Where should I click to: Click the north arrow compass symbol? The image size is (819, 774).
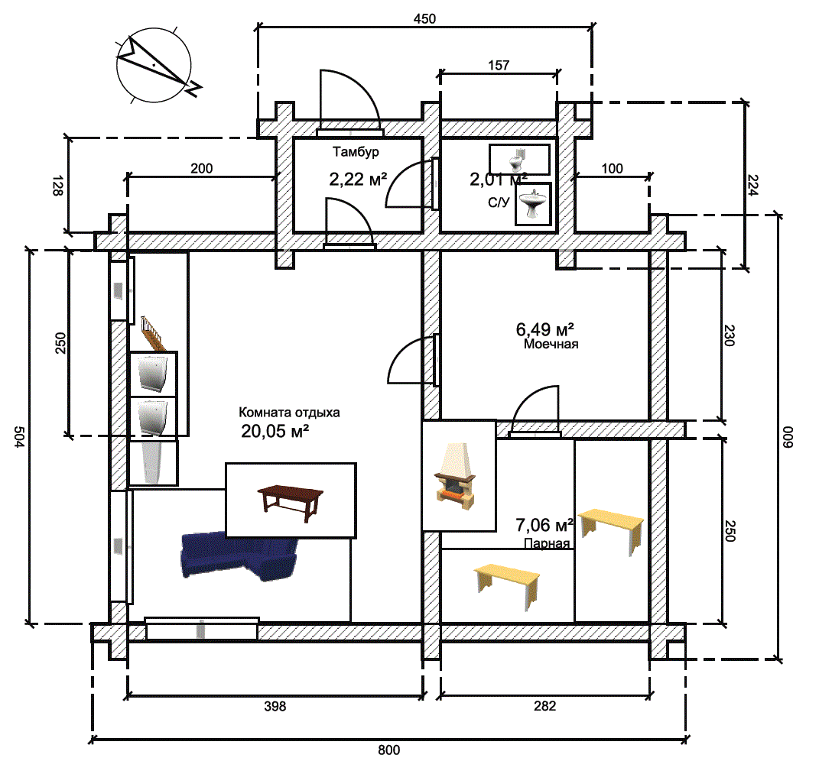tap(154, 66)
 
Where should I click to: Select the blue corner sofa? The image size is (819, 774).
tap(239, 555)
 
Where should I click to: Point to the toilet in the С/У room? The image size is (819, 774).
tap(517, 159)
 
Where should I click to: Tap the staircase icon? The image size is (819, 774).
tap(151, 331)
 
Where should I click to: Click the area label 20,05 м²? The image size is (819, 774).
tap(275, 432)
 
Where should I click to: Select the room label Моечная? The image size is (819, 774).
tap(551, 344)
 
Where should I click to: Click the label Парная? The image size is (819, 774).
tap(547, 544)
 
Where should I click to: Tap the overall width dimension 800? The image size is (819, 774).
tap(389, 750)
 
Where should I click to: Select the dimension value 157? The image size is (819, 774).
tap(499, 66)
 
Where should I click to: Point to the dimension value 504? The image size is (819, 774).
tap(19, 437)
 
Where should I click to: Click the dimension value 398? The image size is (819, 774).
tap(275, 707)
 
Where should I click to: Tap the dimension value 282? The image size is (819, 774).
tap(544, 707)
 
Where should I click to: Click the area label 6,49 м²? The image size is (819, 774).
tap(545, 330)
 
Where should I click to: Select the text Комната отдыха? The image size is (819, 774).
tap(289, 412)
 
